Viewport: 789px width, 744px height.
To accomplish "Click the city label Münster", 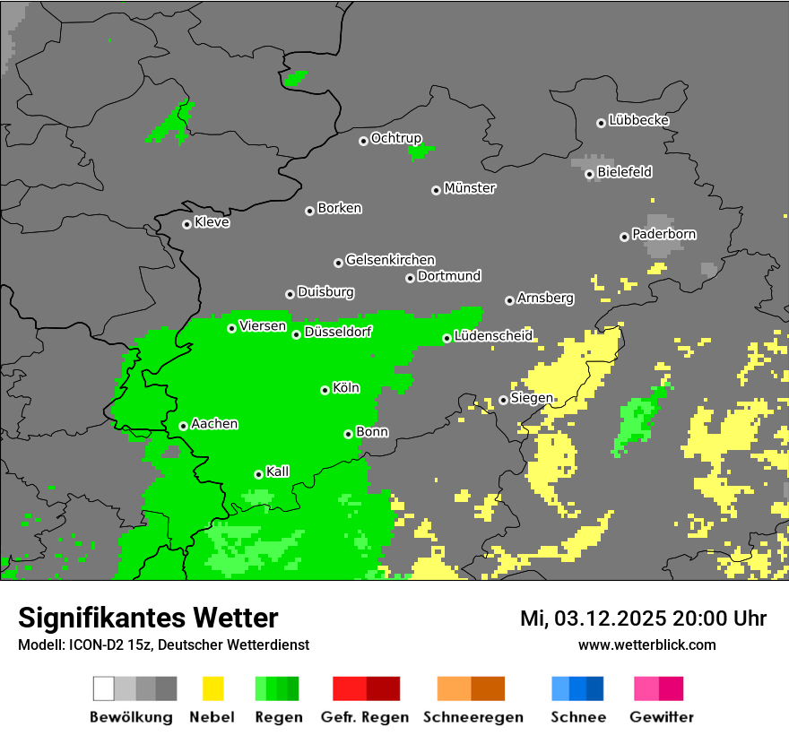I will [x=470, y=188].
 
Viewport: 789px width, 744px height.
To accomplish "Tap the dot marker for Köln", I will [x=325, y=390].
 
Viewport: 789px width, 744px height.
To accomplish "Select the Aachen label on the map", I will [x=214, y=424].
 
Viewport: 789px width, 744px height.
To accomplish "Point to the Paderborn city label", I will [x=664, y=234].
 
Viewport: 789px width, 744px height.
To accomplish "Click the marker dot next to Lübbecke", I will [x=601, y=123].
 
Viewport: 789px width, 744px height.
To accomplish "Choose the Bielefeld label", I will [x=624, y=171].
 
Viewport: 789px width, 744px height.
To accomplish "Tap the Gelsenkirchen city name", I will [x=390, y=260].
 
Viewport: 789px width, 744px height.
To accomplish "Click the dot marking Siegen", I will [x=503, y=400].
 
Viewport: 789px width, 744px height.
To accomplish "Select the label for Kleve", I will [x=212, y=222].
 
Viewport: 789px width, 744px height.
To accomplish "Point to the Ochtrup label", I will [x=396, y=138].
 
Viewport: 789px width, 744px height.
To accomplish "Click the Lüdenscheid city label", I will [x=493, y=336].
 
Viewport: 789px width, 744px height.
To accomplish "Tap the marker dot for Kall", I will [x=258, y=474].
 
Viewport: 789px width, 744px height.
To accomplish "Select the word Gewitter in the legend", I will [x=662, y=717].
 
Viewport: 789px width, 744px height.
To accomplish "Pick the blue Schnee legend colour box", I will [x=577, y=688].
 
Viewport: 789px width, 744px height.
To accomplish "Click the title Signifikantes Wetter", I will [x=148, y=618].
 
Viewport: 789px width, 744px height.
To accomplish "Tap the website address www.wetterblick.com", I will [x=646, y=645].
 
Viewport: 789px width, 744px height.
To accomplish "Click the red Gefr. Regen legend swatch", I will [x=366, y=688].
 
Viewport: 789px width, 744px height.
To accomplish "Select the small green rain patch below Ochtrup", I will [x=418, y=151].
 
